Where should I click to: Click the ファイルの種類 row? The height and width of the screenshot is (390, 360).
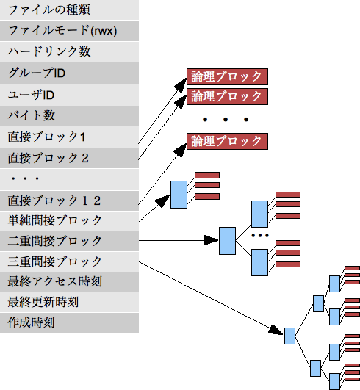tap(69, 10)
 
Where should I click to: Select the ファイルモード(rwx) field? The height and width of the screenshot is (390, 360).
tap(69, 31)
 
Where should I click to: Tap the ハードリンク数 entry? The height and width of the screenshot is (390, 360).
tap(69, 52)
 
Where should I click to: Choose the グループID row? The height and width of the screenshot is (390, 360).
tap(69, 73)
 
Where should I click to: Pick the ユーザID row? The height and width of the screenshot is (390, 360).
tap(69, 95)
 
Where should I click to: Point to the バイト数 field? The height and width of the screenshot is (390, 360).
tap(69, 115)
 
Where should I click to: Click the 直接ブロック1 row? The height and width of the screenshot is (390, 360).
tap(69, 137)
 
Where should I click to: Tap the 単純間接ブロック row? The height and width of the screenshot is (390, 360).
tap(69, 220)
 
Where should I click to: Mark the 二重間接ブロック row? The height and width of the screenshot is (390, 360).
tap(69, 241)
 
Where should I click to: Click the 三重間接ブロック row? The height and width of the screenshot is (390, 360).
tap(69, 261)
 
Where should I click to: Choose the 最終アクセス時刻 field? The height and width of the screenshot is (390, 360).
tap(69, 282)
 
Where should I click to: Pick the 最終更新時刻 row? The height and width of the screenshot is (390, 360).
tap(69, 303)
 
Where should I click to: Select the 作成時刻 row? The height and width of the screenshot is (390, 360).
tap(69, 322)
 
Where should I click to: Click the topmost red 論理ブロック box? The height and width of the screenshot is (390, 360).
tap(227, 77)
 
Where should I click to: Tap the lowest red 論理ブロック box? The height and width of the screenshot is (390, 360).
tap(227, 141)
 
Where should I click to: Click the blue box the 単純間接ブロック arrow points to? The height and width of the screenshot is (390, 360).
tap(179, 195)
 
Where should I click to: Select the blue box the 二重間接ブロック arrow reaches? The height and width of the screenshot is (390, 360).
tap(228, 240)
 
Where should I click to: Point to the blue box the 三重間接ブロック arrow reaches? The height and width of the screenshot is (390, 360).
tap(289, 336)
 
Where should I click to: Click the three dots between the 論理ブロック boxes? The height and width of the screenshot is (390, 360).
tap(226, 118)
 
